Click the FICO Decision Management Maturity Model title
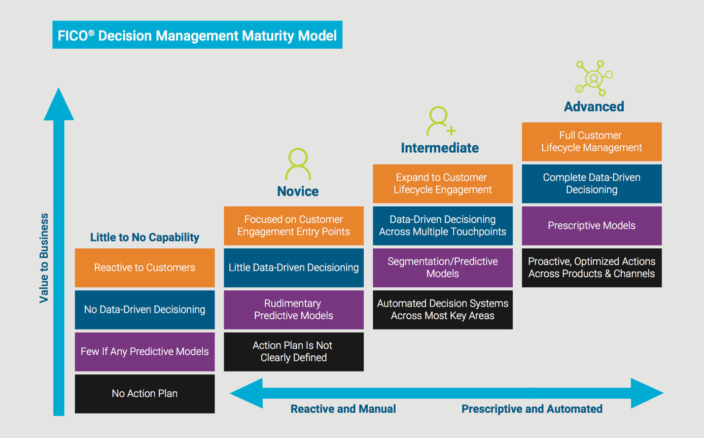(197, 35)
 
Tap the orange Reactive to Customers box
(144, 268)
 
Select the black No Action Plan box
(144, 394)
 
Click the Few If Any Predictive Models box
(144, 352)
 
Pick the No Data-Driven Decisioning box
(144, 309)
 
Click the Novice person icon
(298, 164)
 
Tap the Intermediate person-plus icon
(440, 121)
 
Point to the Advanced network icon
(594, 78)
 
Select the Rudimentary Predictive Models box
(293, 309)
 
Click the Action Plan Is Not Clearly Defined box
(293, 352)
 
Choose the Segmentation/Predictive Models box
(442, 268)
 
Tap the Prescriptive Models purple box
(592, 226)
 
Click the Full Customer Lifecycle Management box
(592, 141)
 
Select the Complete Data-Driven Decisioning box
(592, 183)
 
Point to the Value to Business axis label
(44, 258)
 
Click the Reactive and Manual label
(343, 409)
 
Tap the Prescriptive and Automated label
(531, 409)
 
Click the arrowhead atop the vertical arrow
(59, 104)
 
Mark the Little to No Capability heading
(144, 237)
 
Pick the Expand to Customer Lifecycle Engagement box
(442, 183)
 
